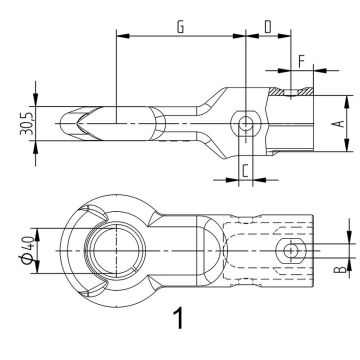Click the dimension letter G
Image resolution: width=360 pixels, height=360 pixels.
coord(179,27)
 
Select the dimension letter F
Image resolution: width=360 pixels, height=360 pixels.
coord(302,59)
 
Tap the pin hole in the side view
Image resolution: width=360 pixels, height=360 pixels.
coord(245,123)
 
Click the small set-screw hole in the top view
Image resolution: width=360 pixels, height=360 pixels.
coord(291,249)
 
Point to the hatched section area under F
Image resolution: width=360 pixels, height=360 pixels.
coord(297,94)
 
